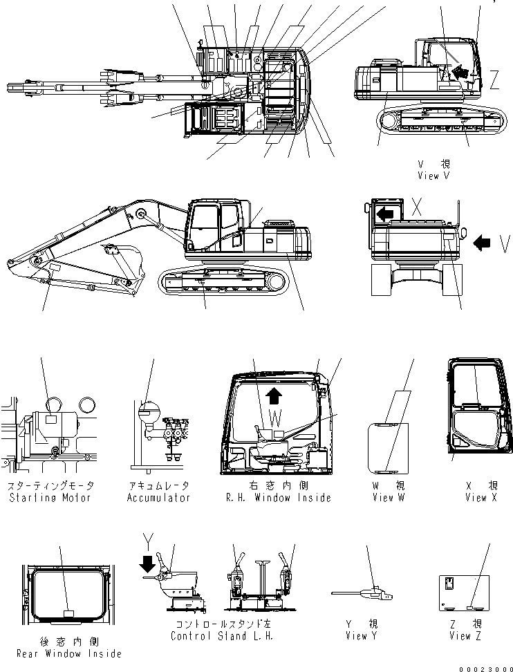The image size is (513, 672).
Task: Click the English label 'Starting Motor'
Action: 49,498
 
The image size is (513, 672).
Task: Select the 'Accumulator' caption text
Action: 158,498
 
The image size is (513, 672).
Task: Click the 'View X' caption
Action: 481,498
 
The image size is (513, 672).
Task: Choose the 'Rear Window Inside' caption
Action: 67,653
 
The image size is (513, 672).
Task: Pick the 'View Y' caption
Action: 360,636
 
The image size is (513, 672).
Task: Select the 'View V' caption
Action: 433,176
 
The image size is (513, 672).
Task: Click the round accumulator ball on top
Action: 148,413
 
